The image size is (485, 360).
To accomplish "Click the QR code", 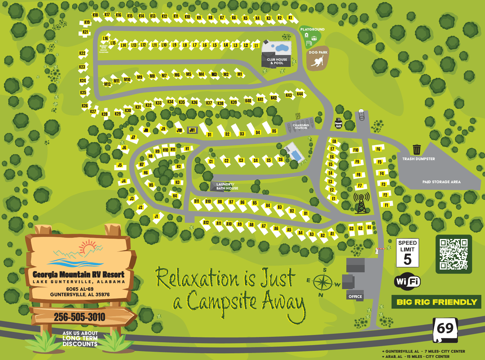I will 454,254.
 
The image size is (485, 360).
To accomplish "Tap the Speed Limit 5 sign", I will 407,253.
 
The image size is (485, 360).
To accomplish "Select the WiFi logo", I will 407,281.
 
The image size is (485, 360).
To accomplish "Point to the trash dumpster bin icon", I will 417,150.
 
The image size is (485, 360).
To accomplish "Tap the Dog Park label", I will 318,52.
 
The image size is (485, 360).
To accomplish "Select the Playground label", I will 312,29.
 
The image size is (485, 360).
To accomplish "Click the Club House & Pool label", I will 277,61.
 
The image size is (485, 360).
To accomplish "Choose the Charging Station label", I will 301,127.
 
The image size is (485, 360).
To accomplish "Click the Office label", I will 355,297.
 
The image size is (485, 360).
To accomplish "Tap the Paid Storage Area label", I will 441,182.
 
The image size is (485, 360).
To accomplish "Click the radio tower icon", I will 361,203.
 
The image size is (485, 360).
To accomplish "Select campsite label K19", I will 87,22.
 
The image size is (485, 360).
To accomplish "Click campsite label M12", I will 107,84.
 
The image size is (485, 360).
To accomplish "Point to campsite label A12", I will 206,222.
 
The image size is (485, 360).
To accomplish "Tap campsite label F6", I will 378,149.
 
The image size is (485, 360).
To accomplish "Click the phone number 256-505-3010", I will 79,317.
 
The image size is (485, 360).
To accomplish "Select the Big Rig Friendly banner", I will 436,302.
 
